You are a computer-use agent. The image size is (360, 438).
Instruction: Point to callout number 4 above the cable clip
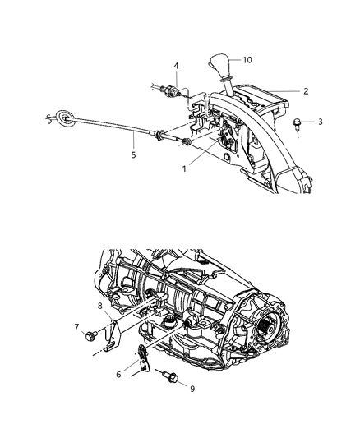[x=176, y=66]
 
